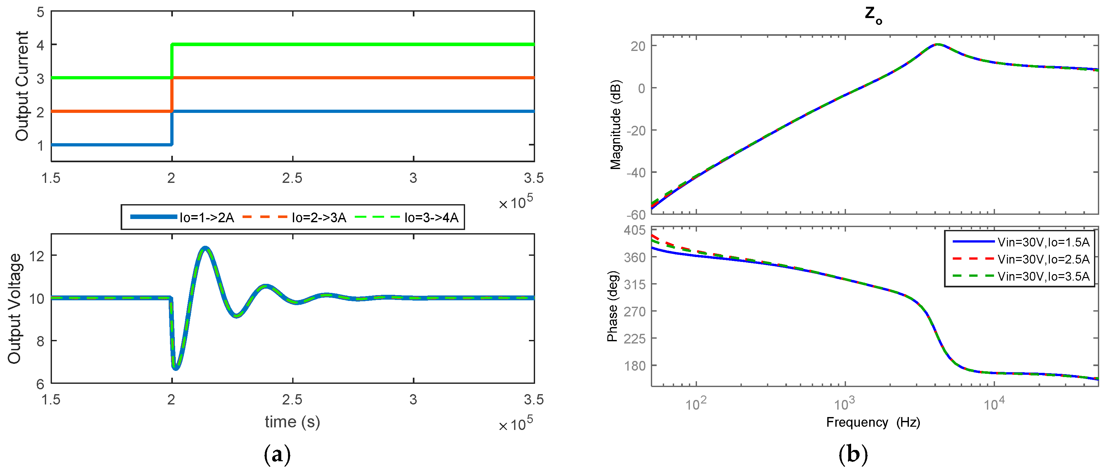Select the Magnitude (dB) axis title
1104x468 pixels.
click(615, 124)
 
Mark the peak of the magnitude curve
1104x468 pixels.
click(938, 45)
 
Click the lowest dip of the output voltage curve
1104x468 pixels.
click(176, 368)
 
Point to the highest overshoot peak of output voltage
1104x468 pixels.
click(205, 248)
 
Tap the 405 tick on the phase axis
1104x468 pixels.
click(635, 231)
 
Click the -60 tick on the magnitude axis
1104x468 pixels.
click(636, 214)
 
